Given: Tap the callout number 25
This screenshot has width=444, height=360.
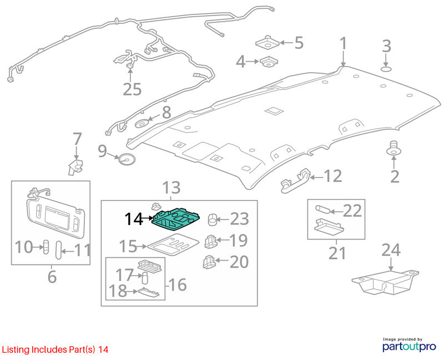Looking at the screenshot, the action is tap(132, 89).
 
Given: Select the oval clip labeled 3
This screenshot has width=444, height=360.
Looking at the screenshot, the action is tap(386, 69).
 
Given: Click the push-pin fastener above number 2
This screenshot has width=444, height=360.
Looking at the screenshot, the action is tap(393, 148).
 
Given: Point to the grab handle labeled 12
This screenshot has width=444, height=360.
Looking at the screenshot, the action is tap(295, 180).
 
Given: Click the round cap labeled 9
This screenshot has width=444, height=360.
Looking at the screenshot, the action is tap(126, 159).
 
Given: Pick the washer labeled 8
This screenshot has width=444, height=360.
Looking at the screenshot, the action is tap(142, 123).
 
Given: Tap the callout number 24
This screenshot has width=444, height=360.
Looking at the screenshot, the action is tap(391, 250).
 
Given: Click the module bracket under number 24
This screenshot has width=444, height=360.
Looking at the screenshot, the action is tap(385, 282).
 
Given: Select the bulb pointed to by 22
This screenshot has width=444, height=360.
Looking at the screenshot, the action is tap(322, 210).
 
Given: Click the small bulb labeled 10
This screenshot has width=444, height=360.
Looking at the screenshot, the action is tap(46, 247).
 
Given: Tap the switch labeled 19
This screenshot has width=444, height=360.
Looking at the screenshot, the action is tap(210, 242).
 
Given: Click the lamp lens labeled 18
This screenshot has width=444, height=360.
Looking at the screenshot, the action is tap(148, 293).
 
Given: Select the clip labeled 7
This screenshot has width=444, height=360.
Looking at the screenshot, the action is tap(75, 167).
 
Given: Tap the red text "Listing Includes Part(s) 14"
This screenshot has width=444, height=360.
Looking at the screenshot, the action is tap(54, 349).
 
